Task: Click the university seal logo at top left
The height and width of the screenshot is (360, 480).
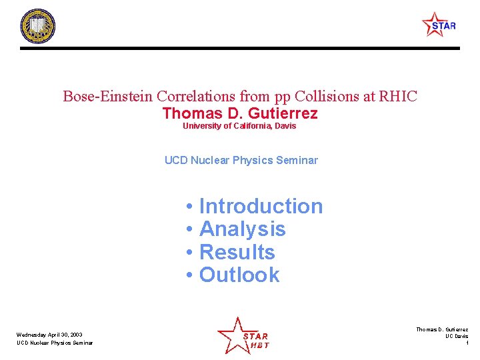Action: (x=37, y=27)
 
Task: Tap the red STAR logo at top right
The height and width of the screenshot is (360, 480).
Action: (x=439, y=25)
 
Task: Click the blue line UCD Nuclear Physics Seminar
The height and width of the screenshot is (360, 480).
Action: (x=241, y=160)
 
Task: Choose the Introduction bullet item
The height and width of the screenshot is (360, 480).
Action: (x=261, y=207)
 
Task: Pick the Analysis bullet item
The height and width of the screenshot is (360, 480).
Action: (x=242, y=229)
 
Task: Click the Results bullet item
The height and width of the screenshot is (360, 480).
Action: (x=237, y=253)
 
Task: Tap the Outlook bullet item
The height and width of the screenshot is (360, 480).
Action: (x=239, y=275)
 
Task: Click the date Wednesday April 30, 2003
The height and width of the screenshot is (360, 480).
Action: (x=50, y=335)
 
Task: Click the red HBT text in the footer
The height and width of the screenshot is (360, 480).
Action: (x=259, y=345)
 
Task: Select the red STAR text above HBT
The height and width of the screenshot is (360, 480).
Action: (x=255, y=336)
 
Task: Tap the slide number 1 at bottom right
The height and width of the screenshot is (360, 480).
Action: (x=467, y=343)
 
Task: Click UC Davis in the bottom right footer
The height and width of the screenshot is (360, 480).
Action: (x=457, y=336)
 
